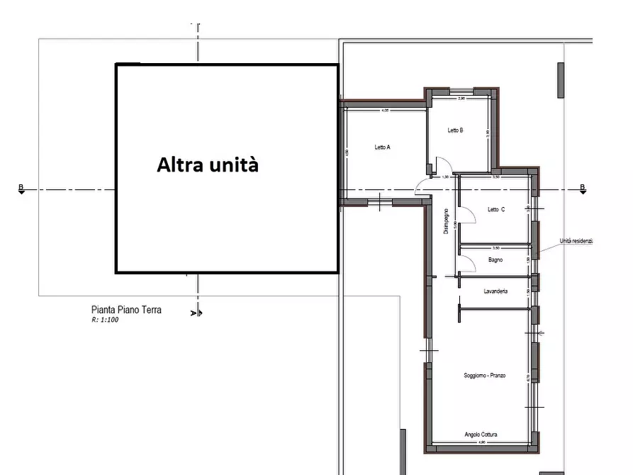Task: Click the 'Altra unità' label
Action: [208, 165]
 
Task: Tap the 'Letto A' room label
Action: [383, 147]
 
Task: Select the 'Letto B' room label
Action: [455, 130]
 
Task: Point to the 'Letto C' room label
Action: [496, 210]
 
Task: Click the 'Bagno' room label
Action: [495, 260]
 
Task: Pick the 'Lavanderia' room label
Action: [495, 291]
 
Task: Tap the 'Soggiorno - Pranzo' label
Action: [485, 375]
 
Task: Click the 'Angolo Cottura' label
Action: [482, 434]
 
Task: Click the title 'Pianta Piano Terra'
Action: [126, 310]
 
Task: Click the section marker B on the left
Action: [21, 189]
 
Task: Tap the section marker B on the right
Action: [583, 189]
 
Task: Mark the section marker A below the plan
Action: [195, 312]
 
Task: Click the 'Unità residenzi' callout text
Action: [576, 241]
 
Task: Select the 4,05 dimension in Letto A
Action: [386, 111]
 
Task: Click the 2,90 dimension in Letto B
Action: [461, 99]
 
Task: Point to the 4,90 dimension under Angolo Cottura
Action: [481, 443]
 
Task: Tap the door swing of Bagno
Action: [466, 264]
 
